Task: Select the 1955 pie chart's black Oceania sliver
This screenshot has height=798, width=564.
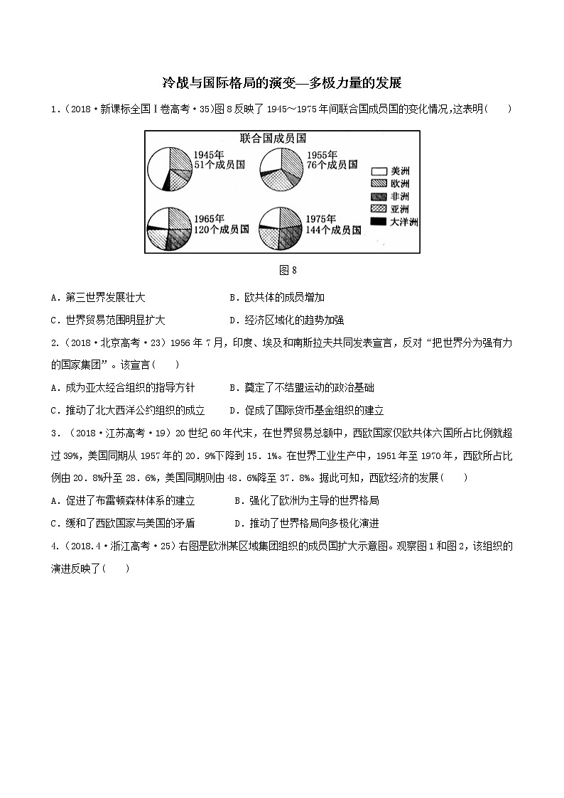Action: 261,173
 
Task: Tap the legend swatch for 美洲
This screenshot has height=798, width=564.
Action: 379,171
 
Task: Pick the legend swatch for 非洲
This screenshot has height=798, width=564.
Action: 379,197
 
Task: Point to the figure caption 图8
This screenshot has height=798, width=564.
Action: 282,270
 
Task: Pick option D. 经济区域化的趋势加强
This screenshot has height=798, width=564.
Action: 287,320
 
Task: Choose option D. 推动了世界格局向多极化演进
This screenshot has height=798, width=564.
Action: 307,523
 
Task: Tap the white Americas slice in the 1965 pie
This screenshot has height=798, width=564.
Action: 157,217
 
